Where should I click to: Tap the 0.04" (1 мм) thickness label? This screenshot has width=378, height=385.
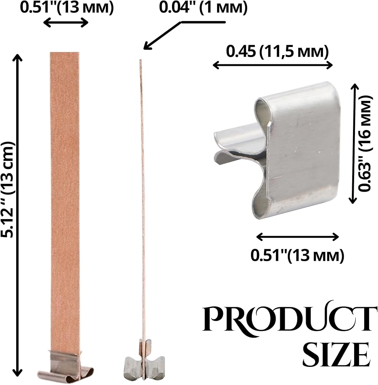pyautogui.click(x=203, y=8)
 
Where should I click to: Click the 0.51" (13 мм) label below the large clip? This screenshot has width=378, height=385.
pyautogui.click(x=297, y=256)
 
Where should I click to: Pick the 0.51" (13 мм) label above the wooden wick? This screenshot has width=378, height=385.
pyautogui.click(x=67, y=8)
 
